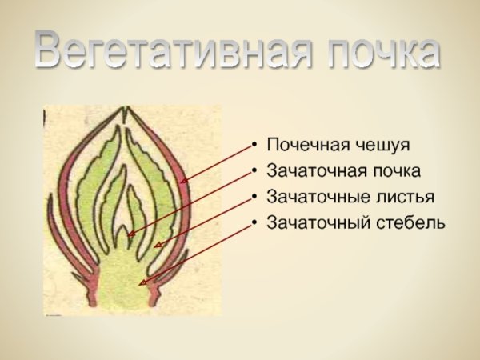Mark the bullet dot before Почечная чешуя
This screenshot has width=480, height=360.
click(x=254, y=146)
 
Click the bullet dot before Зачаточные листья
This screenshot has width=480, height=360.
click(x=254, y=197)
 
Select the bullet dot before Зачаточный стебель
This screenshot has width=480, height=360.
click(x=254, y=222)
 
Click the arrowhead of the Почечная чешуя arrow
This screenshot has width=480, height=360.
click(x=183, y=182)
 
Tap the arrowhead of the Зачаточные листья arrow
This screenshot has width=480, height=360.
click(x=158, y=244)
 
